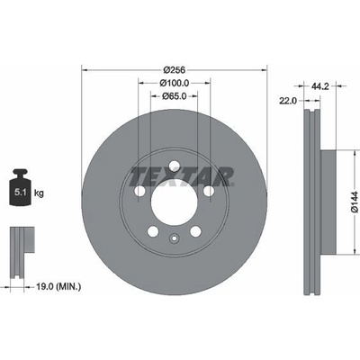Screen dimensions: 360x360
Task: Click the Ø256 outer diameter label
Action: coord(174,70)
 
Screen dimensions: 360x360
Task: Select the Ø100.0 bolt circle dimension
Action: coord(174,83)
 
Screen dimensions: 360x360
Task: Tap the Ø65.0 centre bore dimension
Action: coord(174,96)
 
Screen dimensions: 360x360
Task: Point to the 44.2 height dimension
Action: coord(320,86)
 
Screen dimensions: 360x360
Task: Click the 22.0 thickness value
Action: coord(288,101)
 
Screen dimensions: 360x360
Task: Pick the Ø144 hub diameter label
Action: coord(355,202)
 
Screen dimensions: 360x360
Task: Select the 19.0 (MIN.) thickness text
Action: coord(58,287)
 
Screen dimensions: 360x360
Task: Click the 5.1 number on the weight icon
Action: coord(20,193)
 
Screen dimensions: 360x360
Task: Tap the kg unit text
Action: coord(39,193)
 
